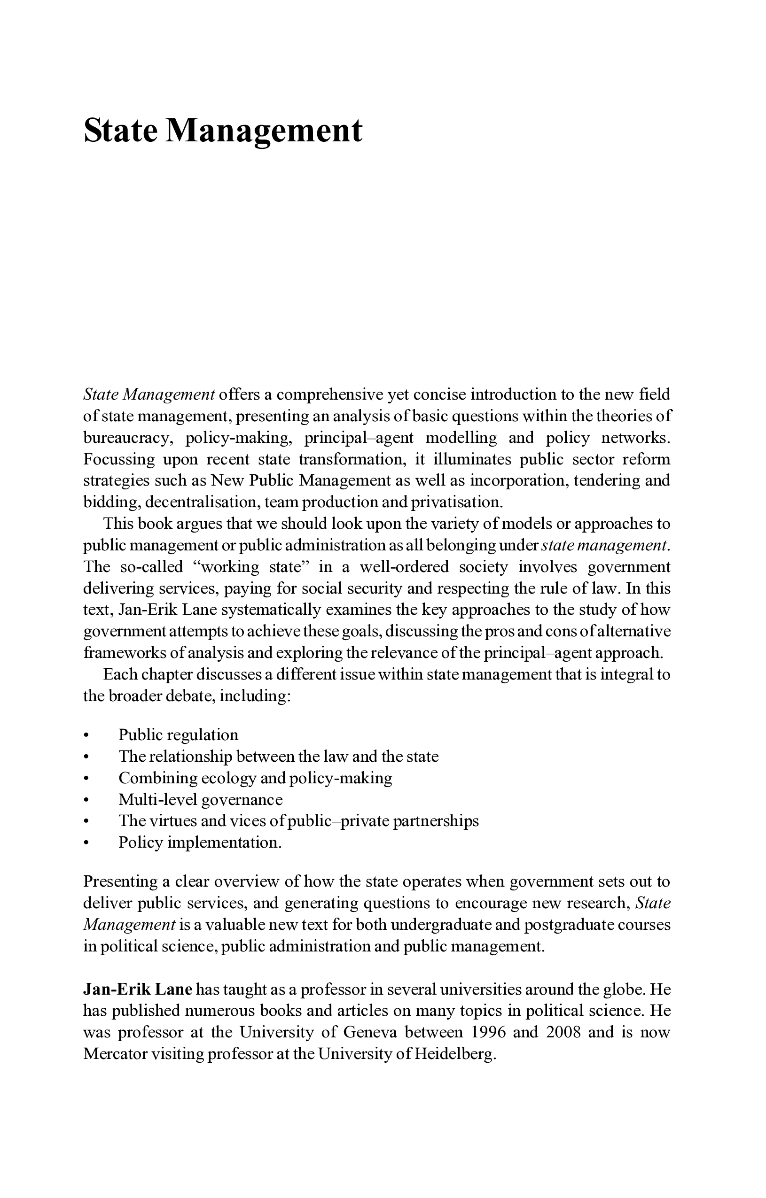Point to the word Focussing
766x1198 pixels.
click(x=119, y=459)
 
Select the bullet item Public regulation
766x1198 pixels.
click(x=178, y=735)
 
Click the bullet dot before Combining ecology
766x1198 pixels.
click(x=86, y=778)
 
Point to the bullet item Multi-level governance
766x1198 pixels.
click(x=200, y=799)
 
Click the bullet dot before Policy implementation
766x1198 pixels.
click(x=86, y=843)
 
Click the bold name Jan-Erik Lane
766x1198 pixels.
click(x=137, y=989)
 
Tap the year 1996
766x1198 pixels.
click(x=488, y=1032)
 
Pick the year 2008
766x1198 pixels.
click(x=563, y=1032)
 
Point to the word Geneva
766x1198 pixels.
click(x=370, y=1032)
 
